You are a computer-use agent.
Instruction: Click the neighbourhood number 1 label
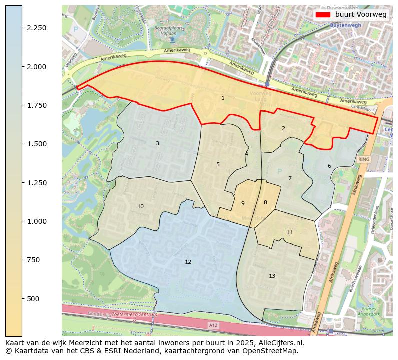click(x=223, y=98)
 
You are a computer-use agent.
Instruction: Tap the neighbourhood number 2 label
click(x=283, y=128)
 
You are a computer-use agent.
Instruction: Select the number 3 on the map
click(x=157, y=143)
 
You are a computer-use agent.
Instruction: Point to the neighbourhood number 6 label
click(x=329, y=166)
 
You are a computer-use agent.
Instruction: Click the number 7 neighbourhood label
click(x=290, y=178)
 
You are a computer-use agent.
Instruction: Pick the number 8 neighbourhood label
click(x=265, y=202)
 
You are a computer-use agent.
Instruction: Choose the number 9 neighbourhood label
click(x=243, y=203)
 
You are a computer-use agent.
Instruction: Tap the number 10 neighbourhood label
click(x=140, y=206)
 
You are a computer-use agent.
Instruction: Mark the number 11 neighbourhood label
click(x=289, y=232)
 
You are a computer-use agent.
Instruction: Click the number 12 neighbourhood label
click(x=188, y=262)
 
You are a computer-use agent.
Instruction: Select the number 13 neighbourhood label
click(x=272, y=276)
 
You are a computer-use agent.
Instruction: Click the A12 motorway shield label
click(x=214, y=325)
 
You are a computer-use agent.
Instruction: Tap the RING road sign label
click(x=364, y=159)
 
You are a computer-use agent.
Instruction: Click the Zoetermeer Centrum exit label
click(x=135, y=315)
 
